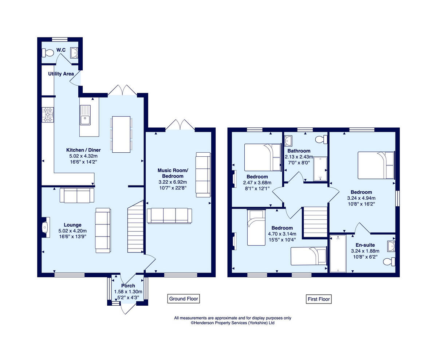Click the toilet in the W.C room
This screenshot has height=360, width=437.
(48, 53)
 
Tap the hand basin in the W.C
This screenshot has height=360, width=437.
(74, 53)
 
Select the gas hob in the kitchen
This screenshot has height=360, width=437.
(48, 114)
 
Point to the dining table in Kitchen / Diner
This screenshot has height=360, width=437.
(121, 134)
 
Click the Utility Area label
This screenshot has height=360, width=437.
(61, 74)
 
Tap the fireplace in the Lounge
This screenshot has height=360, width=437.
(46, 227)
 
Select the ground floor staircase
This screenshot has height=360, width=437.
(135, 226)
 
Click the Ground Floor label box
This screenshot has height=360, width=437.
(184, 299)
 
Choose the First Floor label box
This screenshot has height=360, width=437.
(319, 299)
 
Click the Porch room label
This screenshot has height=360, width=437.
(128, 286)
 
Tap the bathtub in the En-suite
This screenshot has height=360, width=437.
(338, 253)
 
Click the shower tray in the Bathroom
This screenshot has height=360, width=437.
(320, 169)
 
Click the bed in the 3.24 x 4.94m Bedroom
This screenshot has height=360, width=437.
(376, 165)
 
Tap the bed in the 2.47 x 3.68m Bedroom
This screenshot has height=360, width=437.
(263, 157)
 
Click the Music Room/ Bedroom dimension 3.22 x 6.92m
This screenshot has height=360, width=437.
(173, 182)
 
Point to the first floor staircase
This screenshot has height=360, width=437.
(315, 222)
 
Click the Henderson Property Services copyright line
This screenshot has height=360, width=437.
(232, 323)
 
